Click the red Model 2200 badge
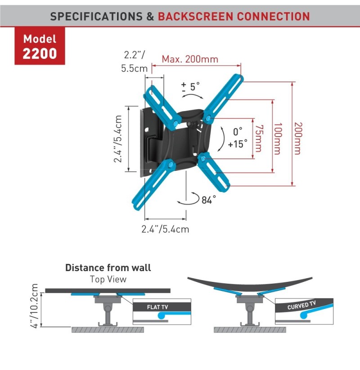click(x=40, y=46)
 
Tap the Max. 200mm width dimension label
click(x=190, y=59)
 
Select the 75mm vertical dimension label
click(x=258, y=138)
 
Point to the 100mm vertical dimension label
click(x=278, y=138)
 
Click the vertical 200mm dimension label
click(x=297, y=138)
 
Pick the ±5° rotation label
click(x=190, y=87)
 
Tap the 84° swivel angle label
click(x=209, y=200)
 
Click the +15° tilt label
click(x=238, y=144)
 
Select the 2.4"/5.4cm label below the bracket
click(x=165, y=229)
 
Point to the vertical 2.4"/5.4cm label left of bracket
click(x=118, y=139)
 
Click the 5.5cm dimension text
click(x=134, y=68)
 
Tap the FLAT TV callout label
click(x=157, y=307)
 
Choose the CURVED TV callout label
click(x=301, y=305)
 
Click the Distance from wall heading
click(x=108, y=267)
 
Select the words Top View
click(x=108, y=279)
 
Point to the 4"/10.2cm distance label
click(x=34, y=306)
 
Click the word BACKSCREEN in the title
click(x=196, y=17)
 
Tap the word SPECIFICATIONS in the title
click(x=96, y=17)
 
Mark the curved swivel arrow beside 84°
click(x=189, y=199)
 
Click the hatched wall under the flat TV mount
click(x=108, y=330)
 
